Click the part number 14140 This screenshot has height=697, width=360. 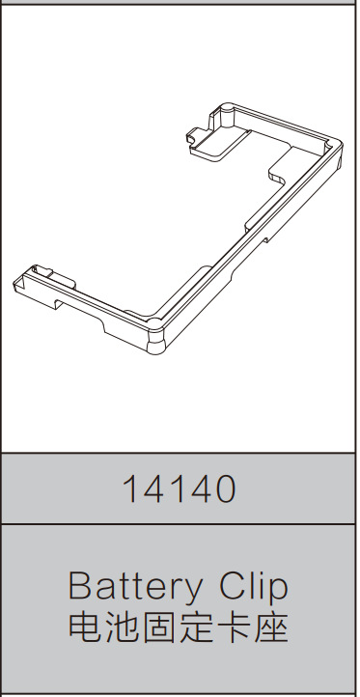[179, 488]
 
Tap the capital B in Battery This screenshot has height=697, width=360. [79, 587]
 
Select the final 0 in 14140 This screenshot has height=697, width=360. [225, 488]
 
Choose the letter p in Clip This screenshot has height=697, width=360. [278, 591]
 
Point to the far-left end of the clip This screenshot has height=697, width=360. [17, 282]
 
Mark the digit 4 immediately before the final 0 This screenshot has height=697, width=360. [200, 488]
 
